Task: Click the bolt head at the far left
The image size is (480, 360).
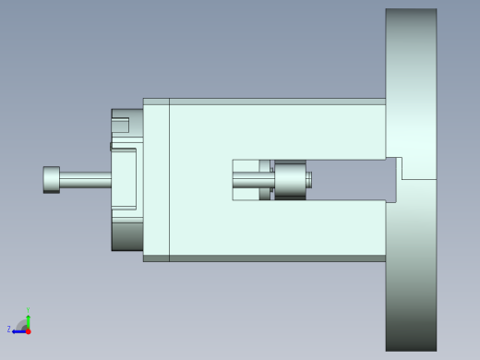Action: pyautogui.click(x=52, y=179)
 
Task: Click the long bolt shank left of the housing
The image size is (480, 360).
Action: pyautogui.click(x=85, y=180)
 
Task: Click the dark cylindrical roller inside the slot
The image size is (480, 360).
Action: pyautogui.click(x=290, y=179)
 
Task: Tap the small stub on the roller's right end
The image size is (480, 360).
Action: pyautogui.click(x=309, y=180)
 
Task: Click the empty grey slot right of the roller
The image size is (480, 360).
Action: pyautogui.click(x=351, y=179)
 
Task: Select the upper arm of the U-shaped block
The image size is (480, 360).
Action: pyautogui.click(x=277, y=129)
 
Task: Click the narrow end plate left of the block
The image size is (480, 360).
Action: pyautogui.click(x=156, y=180)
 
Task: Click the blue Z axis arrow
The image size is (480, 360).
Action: pyautogui.click(x=18, y=329)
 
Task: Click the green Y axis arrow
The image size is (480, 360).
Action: pyautogui.click(x=28, y=318)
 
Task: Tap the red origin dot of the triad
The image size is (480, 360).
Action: pyautogui.click(x=28, y=330)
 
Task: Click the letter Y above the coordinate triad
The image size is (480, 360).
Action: pyautogui.click(x=29, y=310)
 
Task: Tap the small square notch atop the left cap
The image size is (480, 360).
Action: pyautogui.click(x=120, y=126)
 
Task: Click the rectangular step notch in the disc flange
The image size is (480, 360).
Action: pyautogui.click(x=416, y=168)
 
